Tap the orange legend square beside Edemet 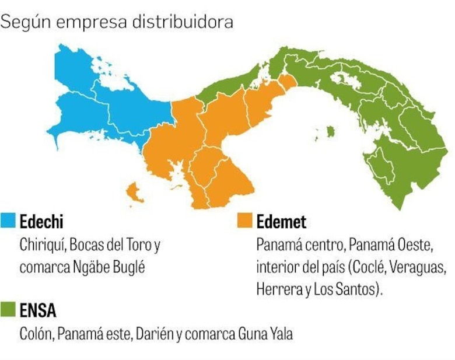click(245, 222)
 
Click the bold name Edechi click(41, 222)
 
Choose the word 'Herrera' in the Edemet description click(276, 289)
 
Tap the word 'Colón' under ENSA click(36, 334)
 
